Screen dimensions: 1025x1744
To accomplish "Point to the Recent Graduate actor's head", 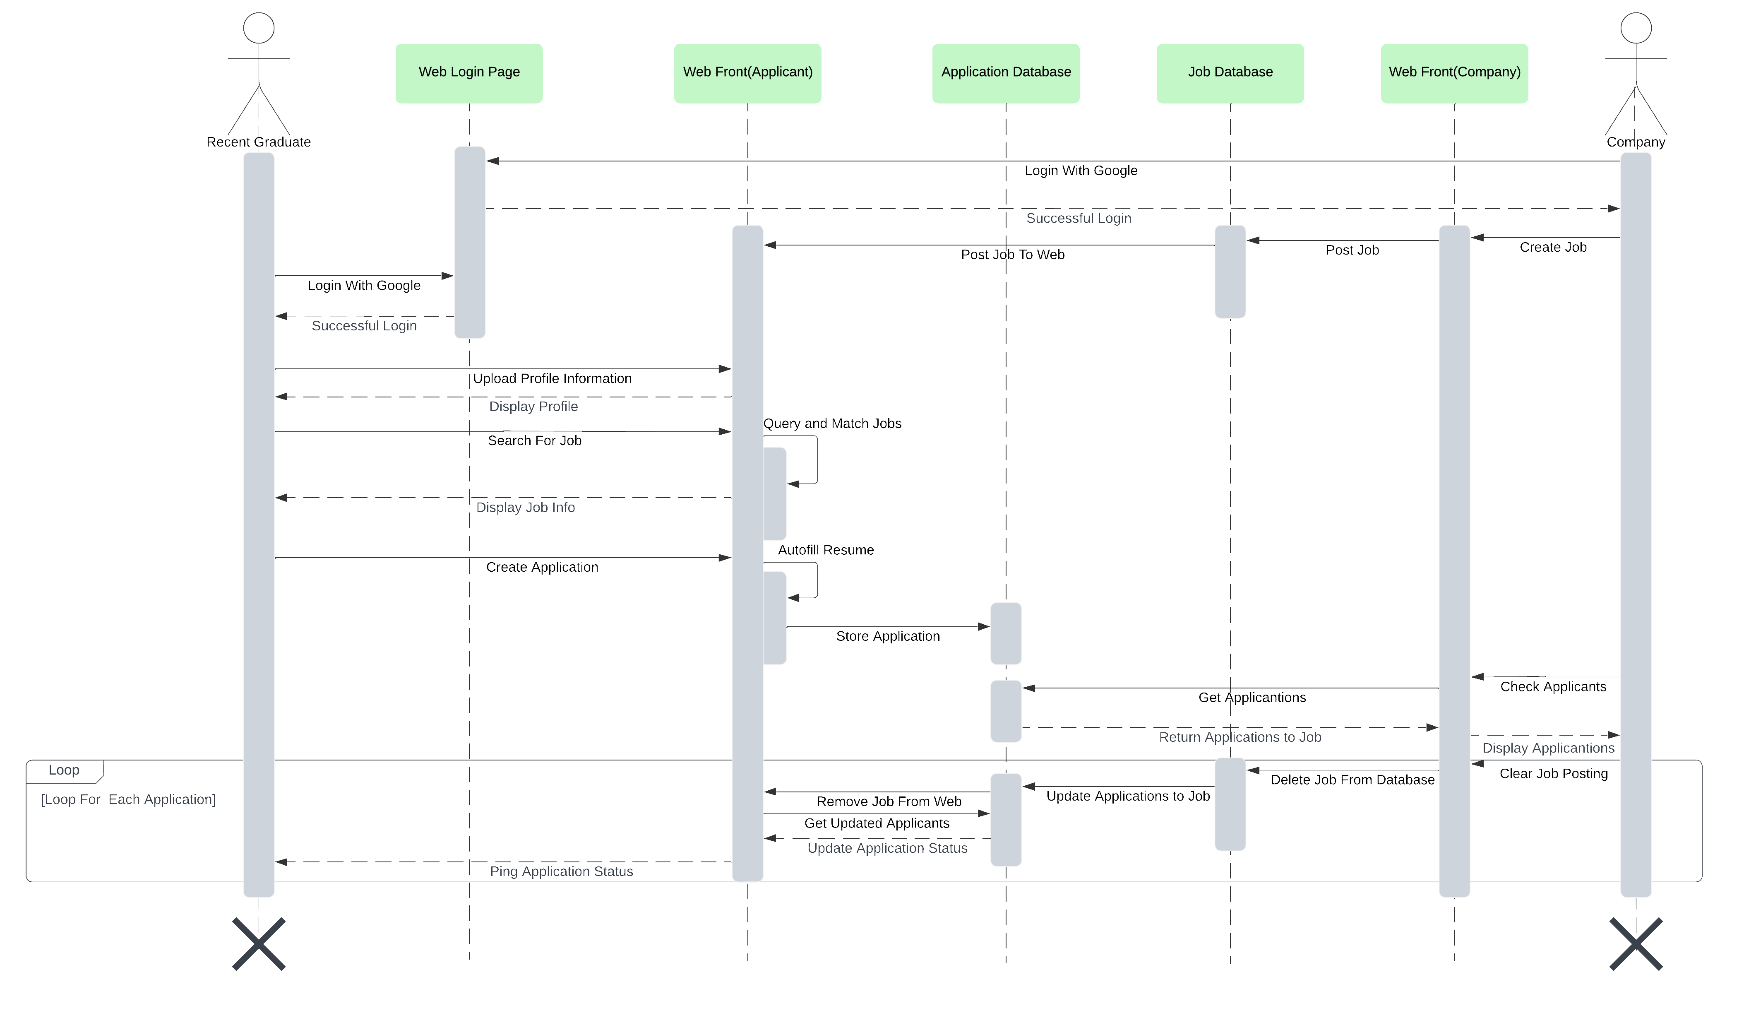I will [259, 29].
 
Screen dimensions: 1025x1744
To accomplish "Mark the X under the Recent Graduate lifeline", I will [259, 944].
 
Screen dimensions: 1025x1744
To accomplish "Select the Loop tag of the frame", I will [64, 770].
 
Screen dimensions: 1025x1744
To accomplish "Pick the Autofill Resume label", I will [826, 550].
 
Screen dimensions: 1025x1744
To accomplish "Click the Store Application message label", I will [888, 637].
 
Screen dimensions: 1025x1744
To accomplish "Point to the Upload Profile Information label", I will [552, 378].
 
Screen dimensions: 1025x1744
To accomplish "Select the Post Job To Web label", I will [1012, 255].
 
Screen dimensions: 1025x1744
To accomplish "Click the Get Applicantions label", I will [1252, 698].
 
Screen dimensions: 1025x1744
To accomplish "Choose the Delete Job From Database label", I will [1352, 780].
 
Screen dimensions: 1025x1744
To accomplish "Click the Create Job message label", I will [1553, 248].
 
